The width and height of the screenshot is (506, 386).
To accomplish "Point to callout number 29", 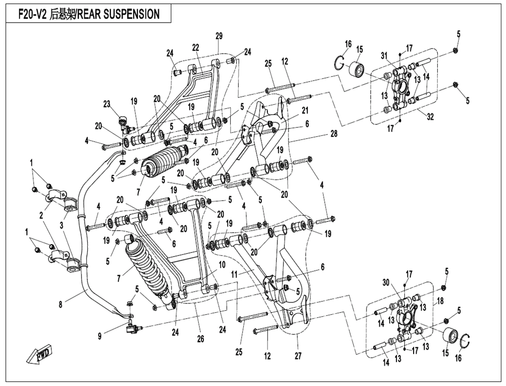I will pyautogui.click(x=219, y=36).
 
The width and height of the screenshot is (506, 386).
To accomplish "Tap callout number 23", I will pyautogui.click(x=107, y=104).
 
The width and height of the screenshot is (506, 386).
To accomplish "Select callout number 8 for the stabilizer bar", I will pyautogui.click(x=60, y=305).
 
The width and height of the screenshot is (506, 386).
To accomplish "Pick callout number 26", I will pyautogui.click(x=200, y=339).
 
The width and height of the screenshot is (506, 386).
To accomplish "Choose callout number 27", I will pyautogui.click(x=298, y=356).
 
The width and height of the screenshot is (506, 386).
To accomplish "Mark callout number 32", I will pyautogui.click(x=430, y=117).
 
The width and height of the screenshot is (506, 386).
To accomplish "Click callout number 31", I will pyautogui.click(x=384, y=56).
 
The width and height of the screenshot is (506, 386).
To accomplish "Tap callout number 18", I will pyautogui.click(x=440, y=300).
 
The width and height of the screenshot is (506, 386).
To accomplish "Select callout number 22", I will pyautogui.click(x=196, y=47).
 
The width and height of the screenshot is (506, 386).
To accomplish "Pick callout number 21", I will pyautogui.click(x=305, y=110).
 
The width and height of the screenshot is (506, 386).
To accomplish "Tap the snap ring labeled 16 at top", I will pyautogui.click(x=338, y=62).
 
